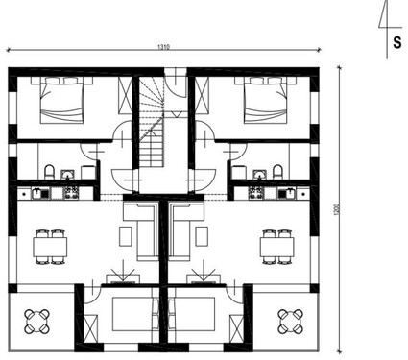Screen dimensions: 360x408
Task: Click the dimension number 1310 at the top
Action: coord(166,46)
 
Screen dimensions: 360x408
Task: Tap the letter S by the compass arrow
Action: coord(396,42)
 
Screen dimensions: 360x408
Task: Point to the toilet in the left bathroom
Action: coord(47,173)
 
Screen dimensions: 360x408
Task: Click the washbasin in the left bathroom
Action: coord(67,174)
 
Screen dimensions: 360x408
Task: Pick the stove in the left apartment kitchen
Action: coord(70,192)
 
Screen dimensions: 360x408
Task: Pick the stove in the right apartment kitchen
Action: coord(254,192)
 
